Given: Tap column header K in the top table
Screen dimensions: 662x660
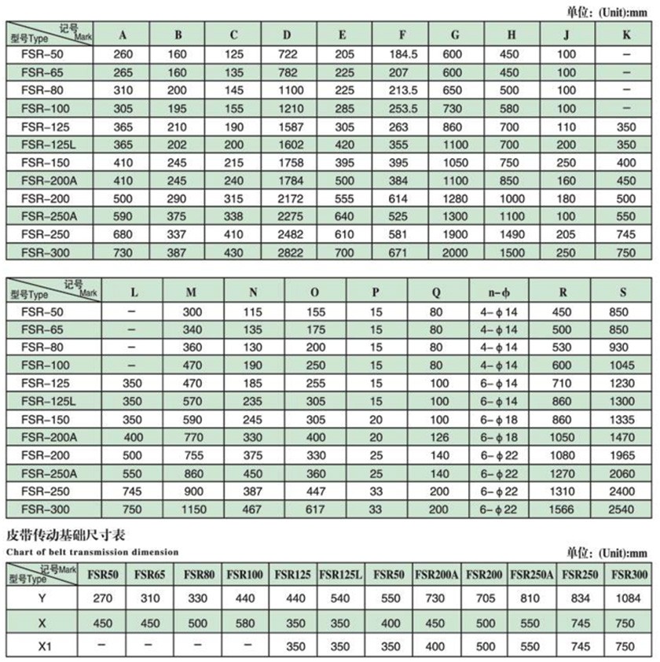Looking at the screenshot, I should pyautogui.click(x=626, y=35).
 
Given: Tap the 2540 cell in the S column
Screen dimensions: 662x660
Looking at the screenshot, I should pyautogui.click(x=621, y=509).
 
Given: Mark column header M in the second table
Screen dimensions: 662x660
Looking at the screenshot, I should pyautogui.click(x=191, y=292).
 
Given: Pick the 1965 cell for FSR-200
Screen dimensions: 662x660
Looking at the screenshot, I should pyautogui.click(x=621, y=455).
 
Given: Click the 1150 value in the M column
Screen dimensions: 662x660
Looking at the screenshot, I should pyautogui.click(x=191, y=509).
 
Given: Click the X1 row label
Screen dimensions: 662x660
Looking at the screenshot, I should pyautogui.click(x=42, y=647).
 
